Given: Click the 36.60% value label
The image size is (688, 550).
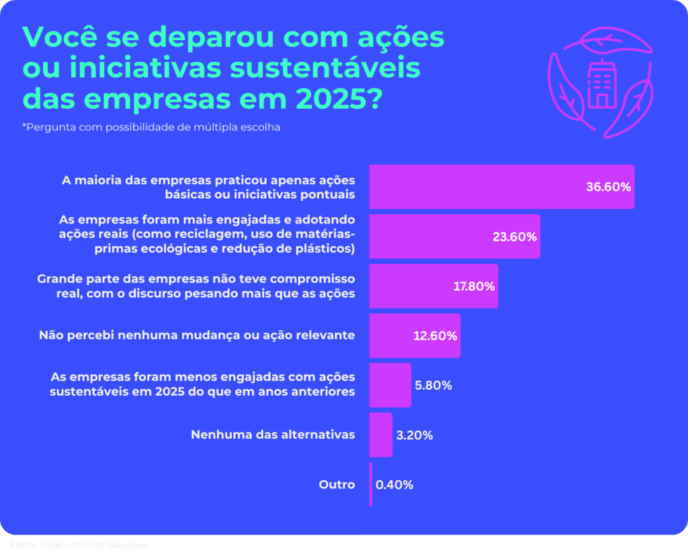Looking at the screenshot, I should (608, 187).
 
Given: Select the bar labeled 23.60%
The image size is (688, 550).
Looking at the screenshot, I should (454, 236).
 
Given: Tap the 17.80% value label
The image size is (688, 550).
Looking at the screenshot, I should (474, 286).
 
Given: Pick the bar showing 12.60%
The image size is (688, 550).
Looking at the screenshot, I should (415, 335).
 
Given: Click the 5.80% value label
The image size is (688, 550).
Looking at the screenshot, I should (433, 385).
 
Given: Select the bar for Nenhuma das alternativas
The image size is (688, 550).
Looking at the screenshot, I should (380, 434).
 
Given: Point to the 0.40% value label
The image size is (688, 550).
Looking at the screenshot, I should (394, 484).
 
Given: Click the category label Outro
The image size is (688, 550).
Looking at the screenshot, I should (337, 484).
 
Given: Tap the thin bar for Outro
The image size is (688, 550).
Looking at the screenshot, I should (370, 484).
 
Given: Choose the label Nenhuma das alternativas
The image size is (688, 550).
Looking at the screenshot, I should (273, 434).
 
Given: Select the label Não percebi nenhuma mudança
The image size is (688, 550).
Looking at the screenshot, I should (196, 335).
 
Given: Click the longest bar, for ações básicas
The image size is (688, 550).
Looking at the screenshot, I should (501, 187).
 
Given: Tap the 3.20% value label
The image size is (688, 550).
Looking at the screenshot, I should (415, 435).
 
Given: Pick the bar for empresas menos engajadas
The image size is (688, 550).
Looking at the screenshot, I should (390, 385).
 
